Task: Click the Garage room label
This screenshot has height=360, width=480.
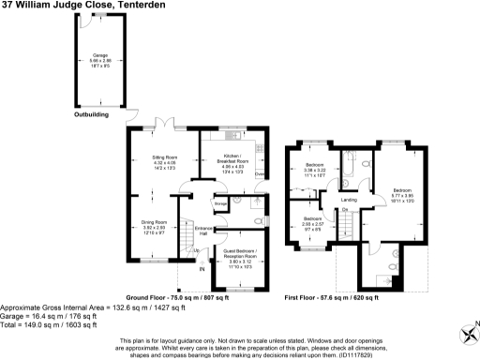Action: coord(94,55)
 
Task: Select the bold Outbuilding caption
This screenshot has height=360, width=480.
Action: coord(91,114)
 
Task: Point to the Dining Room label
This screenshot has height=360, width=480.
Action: coord(154,222)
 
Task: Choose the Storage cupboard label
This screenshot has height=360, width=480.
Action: coord(221,203)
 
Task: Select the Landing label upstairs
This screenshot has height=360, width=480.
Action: coord(349,200)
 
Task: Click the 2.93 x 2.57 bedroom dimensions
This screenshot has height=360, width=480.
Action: coord(312,225)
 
